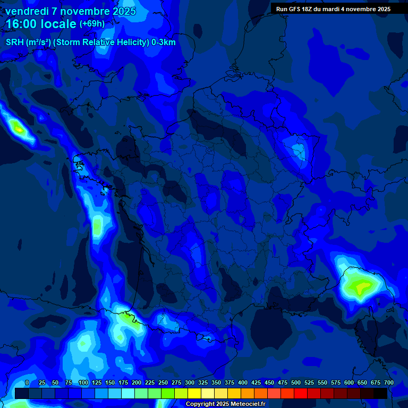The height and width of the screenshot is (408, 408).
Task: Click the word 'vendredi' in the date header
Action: (27, 11)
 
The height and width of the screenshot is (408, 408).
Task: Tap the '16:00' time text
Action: (24, 24)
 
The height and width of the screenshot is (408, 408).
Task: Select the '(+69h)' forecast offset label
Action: (92, 24)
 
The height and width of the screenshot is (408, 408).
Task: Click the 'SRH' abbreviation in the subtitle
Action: (15, 42)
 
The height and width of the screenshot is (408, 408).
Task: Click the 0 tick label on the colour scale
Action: (27, 382)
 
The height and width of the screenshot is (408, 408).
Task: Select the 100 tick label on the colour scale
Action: (83, 382)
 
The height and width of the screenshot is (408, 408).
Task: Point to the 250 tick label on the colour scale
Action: (163, 382)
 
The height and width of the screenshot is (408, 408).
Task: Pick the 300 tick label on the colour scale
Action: (190, 382)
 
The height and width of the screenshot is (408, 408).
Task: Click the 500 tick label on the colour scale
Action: (296, 382)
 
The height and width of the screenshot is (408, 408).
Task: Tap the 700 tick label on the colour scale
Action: (389, 382)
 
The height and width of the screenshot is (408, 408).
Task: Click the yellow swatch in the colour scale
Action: (194, 394)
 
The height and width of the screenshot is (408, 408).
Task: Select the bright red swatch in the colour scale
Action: (301, 394)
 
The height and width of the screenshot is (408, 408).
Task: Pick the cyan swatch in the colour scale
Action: (128, 394)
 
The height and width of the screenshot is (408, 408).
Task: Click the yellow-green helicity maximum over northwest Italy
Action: (361, 287)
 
